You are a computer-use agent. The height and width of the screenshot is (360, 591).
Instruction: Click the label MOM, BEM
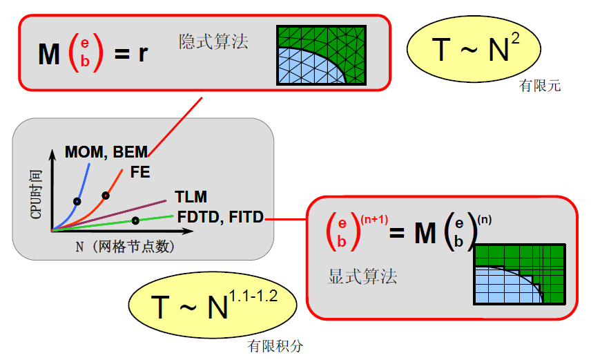coord(106,151)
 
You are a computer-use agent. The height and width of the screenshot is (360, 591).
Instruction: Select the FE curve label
coord(140,173)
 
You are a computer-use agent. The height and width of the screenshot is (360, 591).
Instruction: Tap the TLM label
coord(191,198)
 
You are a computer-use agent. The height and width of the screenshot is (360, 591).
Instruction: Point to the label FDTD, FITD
coord(220,217)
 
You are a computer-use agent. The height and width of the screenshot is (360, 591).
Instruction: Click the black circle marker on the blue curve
coord(77,202)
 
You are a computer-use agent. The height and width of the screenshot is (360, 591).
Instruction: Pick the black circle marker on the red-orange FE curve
coord(106,196)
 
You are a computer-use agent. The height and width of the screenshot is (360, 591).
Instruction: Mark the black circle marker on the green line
coord(135,220)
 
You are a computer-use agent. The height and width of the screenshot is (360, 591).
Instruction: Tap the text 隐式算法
coord(213,41)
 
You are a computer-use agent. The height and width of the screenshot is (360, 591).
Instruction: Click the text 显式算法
coord(362,277)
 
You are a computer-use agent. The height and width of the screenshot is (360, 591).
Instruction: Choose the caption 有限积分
coord(275,346)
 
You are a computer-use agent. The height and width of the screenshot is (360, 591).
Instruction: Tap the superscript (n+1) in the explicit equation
coord(374,220)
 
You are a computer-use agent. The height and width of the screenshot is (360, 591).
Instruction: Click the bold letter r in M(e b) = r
coord(143,53)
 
